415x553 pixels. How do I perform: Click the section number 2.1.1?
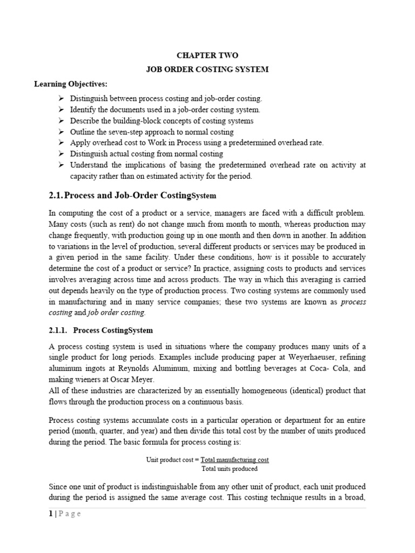click(x=56, y=330)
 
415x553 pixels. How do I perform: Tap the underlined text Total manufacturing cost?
click(x=235, y=460)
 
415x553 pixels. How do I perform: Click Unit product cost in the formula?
click(x=170, y=460)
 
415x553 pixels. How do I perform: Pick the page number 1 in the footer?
click(x=51, y=514)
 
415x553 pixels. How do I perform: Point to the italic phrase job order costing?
click(x=116, y=312)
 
